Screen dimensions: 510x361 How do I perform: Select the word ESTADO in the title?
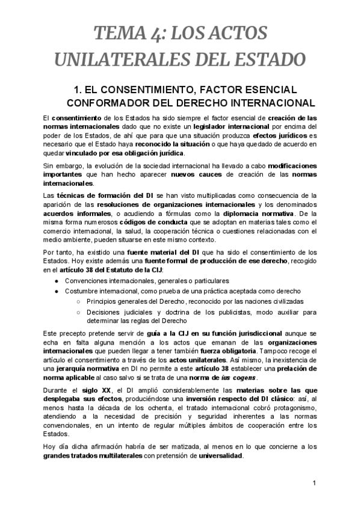coord(263,60)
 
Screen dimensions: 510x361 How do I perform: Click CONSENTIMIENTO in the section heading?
coord(158,90)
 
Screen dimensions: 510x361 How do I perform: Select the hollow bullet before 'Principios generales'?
coord(79,301)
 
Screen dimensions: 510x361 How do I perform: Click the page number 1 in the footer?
coord(315,484)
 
